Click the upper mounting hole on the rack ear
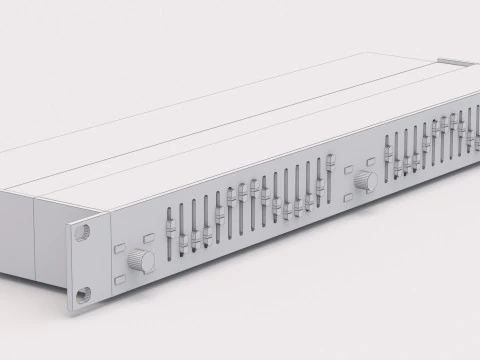(82, 230)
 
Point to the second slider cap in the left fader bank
(183, 241)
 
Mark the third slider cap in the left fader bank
(196, 237)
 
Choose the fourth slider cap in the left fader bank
(208, 232)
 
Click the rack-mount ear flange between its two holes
(82, 262)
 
